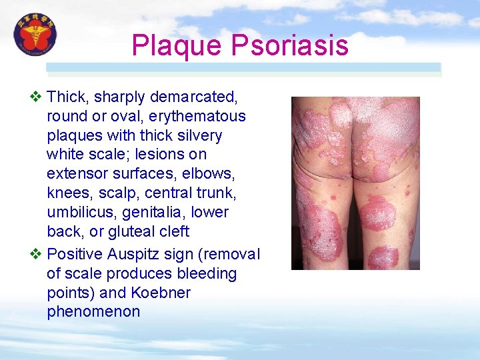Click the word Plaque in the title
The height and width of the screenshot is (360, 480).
[176, 46]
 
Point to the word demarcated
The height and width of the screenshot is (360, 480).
[194, 97]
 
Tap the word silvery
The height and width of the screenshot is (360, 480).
[197, 135]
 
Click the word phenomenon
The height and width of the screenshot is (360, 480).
[93, 312]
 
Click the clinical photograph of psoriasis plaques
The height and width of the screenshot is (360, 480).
[355, 183]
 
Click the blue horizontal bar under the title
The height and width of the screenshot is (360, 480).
[243, 67]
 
